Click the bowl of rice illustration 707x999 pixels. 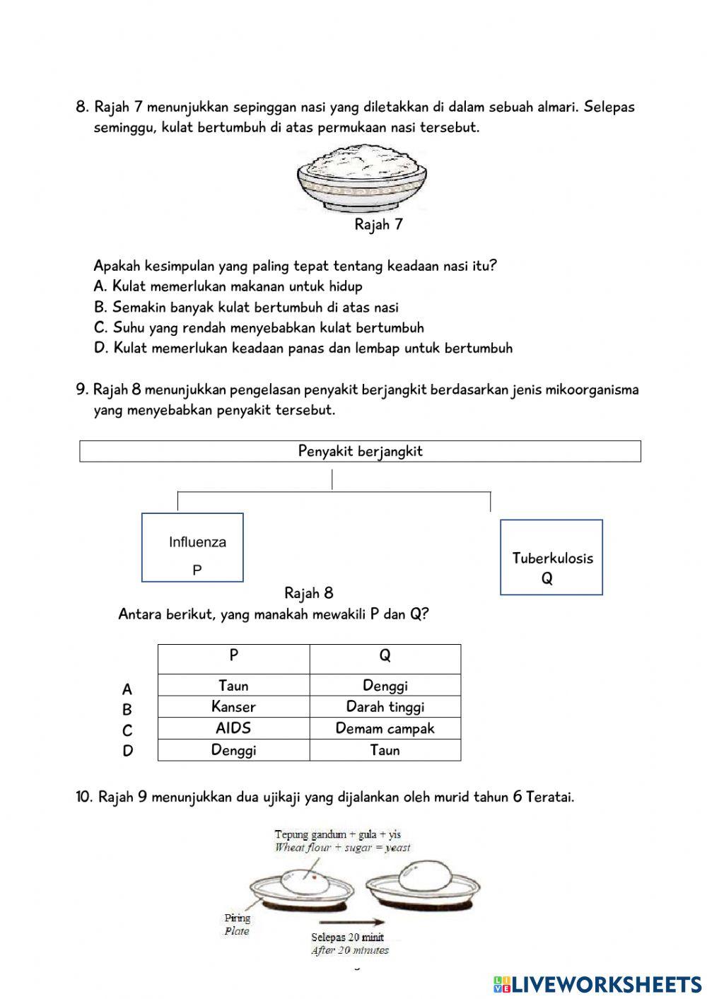362,177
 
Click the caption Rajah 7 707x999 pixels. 378,225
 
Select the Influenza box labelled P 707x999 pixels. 192,548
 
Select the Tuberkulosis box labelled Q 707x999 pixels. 551,558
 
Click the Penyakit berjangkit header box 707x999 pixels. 360,451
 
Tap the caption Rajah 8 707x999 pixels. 309,592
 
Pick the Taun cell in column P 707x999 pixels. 233,685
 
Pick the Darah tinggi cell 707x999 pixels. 385,706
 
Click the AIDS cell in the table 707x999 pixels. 233,728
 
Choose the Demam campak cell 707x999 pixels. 385,728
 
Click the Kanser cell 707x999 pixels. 233,706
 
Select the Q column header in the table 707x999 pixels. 385,656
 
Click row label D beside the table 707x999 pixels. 127,751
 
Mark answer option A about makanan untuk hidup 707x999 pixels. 228,286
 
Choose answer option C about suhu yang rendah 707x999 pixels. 259,327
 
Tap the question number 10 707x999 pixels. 84,797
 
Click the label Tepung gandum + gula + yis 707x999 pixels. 337,834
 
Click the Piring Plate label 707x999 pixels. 237,924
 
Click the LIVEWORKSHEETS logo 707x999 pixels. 597,983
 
